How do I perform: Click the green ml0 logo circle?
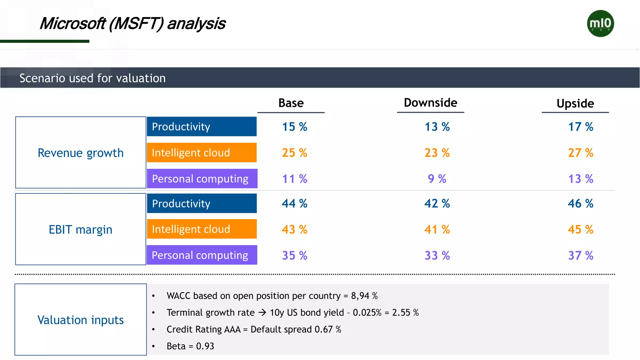(600, 23)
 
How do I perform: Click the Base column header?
(291, 103)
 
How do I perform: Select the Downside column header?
(430, 103)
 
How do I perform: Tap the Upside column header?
(575, 103)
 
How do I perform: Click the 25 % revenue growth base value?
(294, 153)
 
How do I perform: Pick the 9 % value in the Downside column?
(437, 179)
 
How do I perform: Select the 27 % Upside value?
(580, 153)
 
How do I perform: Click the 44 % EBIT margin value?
(294, 204)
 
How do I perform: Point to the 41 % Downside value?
(437, 230)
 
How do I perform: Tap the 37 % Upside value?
(580, 256)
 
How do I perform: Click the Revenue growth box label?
(81, 153)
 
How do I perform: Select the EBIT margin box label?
(81, 230)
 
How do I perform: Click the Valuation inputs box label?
(81, 320)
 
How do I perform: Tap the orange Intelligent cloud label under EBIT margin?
(202, 229)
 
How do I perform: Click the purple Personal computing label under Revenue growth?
(202, 179)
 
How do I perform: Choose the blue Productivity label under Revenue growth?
(202, 127)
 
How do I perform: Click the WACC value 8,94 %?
(364, 296)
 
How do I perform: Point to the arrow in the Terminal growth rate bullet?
(262, 312)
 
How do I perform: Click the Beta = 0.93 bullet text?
(190, 346)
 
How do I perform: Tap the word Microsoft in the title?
(72, 24)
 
